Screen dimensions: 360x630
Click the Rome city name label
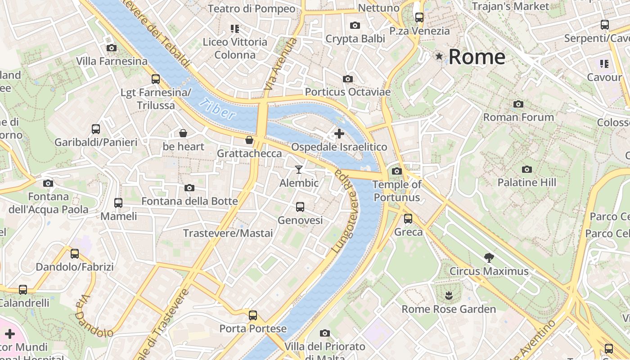(477, 57)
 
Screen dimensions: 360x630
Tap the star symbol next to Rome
(439, 56)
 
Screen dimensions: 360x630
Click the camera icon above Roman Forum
(518, 104)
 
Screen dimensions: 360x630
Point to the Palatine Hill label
(526, 183)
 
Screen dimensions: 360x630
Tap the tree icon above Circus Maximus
(489, 258)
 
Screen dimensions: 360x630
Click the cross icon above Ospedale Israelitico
(339, 134)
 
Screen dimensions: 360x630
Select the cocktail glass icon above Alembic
(299, 170)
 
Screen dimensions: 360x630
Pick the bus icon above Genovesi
(300, 207)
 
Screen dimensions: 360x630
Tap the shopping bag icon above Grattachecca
(249, 140)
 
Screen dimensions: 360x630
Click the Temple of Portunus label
(396, 191)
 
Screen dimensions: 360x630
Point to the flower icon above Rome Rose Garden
(448, 296)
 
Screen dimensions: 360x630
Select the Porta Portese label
(253, 329)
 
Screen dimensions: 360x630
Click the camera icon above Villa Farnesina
(112, 48)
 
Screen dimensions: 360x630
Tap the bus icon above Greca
(408, 219)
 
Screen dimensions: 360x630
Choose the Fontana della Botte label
(189, 201)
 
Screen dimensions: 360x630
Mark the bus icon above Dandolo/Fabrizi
(75, 254)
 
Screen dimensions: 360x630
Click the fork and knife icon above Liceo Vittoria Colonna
(234, 29)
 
